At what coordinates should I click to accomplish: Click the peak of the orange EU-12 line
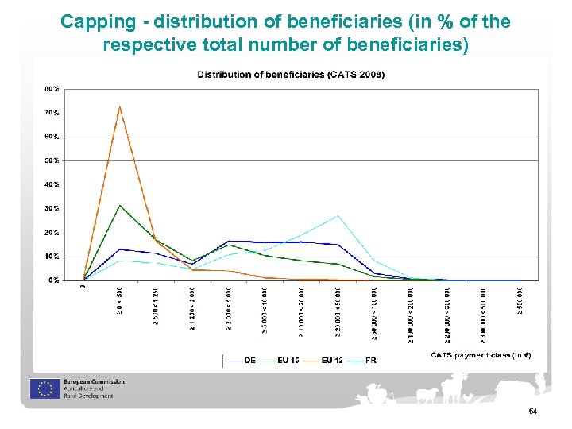119,106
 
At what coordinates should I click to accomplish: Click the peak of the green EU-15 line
119,206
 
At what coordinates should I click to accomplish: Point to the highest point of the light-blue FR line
338,215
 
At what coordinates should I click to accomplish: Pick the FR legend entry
368,360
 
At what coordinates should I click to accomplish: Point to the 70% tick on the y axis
51,113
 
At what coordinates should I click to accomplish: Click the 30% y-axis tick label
51,209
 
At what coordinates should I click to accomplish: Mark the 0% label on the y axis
52,280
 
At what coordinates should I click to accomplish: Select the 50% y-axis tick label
51,160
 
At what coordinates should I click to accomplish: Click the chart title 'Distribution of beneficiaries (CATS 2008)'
291,75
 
